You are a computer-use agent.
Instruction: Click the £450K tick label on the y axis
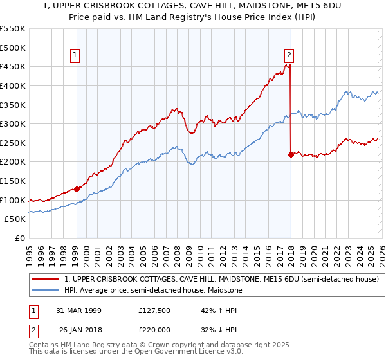point(13,67)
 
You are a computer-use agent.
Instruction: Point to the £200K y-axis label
point(13,162)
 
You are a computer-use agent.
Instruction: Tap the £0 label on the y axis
point(21,239)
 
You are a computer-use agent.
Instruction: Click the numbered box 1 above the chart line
point(76,56)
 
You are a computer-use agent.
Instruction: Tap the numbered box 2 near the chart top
point(289,56)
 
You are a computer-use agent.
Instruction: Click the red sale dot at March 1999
point(77,189)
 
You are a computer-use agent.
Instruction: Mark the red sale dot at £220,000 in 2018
point(291,154)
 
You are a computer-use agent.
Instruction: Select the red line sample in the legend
point(46,280)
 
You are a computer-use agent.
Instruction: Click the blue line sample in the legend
point(46,291)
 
